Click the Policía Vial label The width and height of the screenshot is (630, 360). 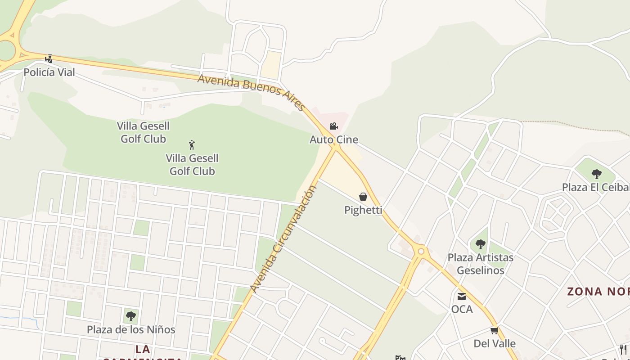point(49,72)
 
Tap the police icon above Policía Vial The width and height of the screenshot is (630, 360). point(49,58)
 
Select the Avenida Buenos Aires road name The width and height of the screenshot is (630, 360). point(252,92)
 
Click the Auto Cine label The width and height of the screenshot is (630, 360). point(334,139)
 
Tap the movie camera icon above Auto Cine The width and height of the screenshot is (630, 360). point(333,126)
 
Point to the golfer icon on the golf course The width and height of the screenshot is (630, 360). point(192,145)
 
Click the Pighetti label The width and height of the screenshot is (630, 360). point(363,210)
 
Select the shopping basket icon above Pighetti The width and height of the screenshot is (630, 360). point(363,197)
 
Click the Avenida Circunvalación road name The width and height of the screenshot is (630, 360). point(283,239)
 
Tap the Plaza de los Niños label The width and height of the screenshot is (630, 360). point(131,329)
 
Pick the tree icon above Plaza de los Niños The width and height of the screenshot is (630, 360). point(131,316)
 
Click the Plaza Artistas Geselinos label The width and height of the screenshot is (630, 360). point(480,264)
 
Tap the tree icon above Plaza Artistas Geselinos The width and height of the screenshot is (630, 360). point(481,244)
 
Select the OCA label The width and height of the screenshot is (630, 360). point(462,309)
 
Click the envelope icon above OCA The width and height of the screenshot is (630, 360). point(462,296)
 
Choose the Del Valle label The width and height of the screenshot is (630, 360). point(495,343)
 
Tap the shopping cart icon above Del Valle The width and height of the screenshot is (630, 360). point(495,331)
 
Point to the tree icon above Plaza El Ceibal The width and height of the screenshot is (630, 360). point(597,174)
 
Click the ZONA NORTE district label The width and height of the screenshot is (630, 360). point(598,292)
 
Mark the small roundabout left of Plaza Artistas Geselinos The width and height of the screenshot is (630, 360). point(421,252)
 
